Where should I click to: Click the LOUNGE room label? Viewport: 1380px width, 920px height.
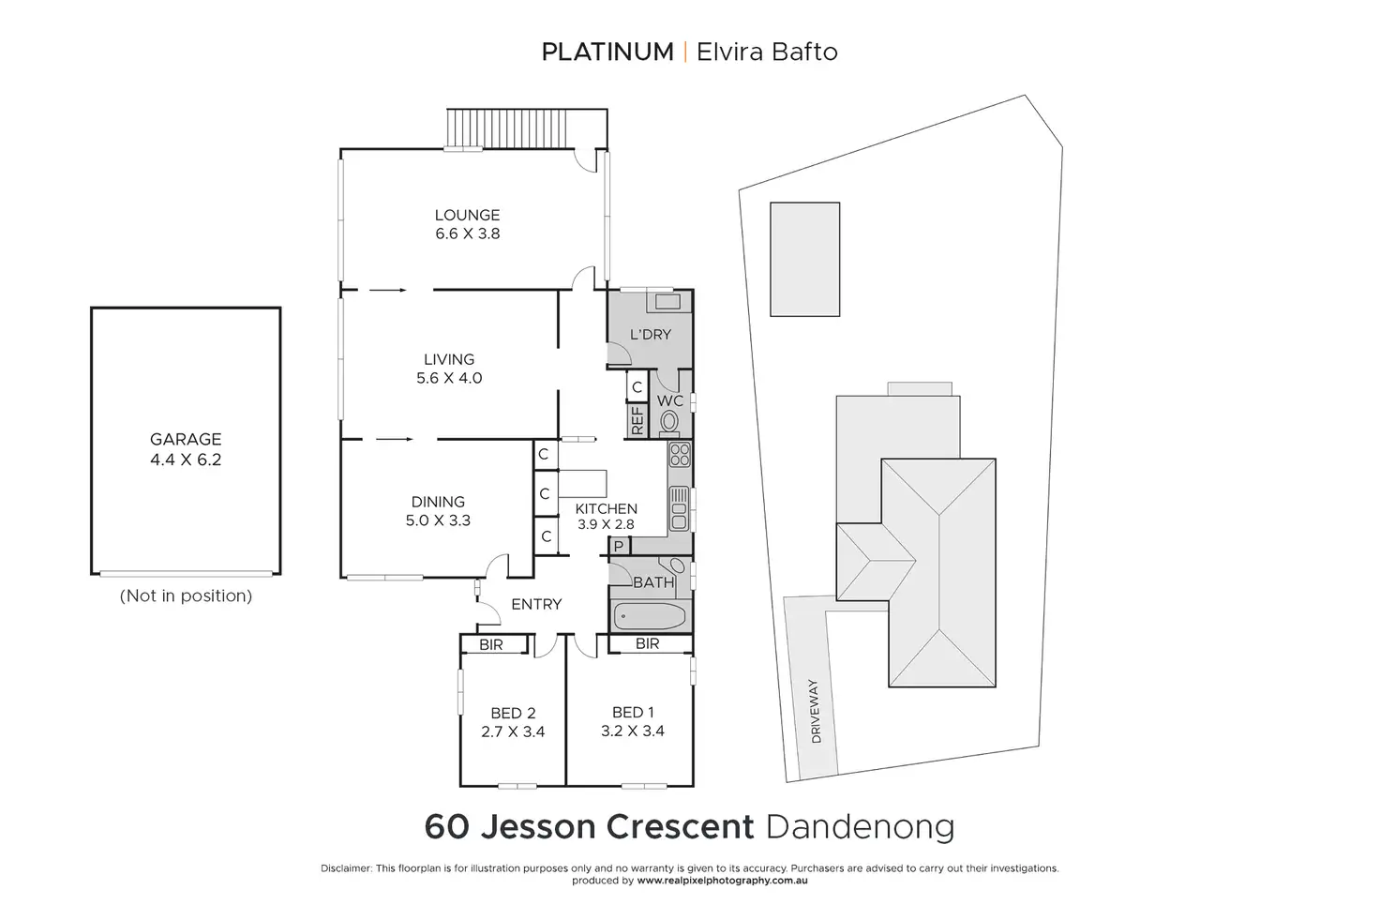point(467,215)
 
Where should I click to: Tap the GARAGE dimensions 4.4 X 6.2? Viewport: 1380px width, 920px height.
point(186,460)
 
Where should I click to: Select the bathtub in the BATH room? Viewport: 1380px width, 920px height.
point(650,616)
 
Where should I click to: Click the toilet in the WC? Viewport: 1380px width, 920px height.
point(669,422)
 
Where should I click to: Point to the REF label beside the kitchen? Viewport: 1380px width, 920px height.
point(637,420)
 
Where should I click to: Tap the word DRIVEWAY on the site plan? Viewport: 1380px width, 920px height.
point(815,712)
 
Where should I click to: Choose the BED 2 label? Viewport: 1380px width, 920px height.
point(513,714)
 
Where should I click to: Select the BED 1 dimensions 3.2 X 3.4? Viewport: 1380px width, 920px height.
point(633,731)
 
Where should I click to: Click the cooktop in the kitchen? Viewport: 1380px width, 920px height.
point(680,456)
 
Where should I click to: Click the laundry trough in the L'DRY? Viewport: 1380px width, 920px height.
point(667,302)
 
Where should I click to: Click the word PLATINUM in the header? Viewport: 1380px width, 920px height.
point(607,52)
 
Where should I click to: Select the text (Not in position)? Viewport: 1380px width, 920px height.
point(186,596)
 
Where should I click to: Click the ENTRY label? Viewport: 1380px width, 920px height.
point(536,604)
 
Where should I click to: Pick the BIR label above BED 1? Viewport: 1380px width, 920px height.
point(647,644)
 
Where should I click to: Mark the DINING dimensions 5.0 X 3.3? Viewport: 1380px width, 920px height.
point(438,520)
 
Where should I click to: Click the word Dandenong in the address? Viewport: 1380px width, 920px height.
point(861,827)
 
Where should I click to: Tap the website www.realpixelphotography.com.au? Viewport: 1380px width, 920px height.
point(722,881)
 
